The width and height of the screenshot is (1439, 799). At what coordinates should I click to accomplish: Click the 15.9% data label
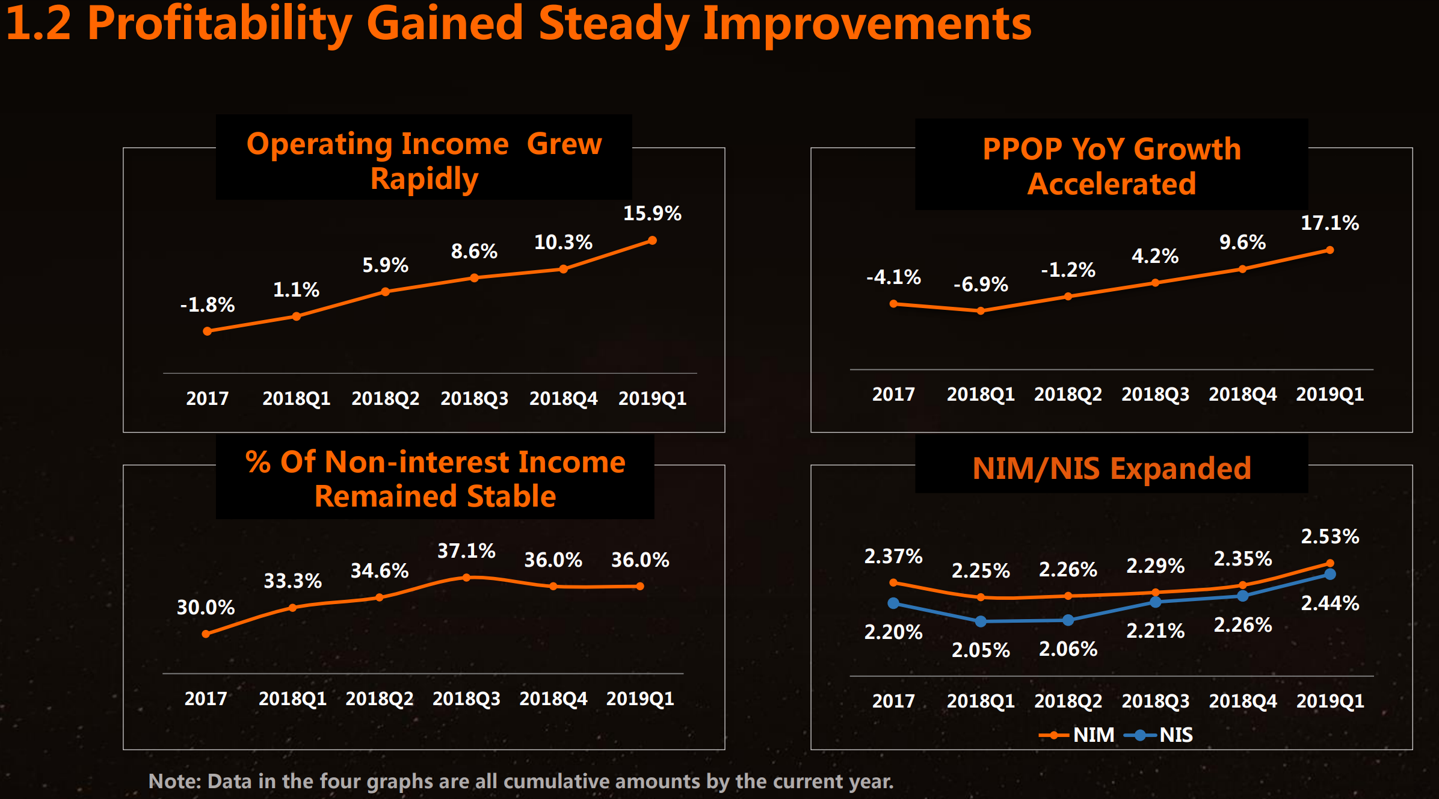tap(652, 214)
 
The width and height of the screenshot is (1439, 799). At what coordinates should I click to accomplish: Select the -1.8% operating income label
tap(208, 305)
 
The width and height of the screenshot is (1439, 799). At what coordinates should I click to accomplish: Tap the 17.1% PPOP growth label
tap(1330, 223)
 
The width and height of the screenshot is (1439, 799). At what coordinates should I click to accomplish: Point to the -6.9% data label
tap(981, 284)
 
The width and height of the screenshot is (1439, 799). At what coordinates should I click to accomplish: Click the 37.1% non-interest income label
tap(466, 551)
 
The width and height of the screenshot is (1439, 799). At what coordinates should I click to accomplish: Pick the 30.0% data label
tap(206, 608)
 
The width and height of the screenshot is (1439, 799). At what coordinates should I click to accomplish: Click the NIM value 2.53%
tap(1330, 537)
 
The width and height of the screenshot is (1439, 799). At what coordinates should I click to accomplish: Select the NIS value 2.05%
tap(981, 650)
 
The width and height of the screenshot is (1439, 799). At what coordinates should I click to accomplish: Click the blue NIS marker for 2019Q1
tap(1330, 575)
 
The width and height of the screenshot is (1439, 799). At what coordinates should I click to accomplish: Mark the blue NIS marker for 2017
tap(893, 603)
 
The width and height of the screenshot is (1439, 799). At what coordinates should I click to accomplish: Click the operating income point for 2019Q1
tap(652, 241)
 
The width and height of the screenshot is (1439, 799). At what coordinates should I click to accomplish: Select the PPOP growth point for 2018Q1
tap(981, 311)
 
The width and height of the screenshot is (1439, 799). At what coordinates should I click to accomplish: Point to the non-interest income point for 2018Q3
tap(466, 578)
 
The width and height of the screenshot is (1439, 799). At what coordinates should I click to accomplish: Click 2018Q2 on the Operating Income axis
tap(385, 398)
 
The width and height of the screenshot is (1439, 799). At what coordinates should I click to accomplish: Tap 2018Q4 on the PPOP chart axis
tap(1242, 395)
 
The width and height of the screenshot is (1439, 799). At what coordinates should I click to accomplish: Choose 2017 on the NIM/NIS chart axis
tap(893, 702)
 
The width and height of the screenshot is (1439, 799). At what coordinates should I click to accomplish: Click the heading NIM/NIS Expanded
tap(1111, 469)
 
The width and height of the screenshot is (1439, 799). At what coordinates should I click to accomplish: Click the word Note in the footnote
tap(174, 782)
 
